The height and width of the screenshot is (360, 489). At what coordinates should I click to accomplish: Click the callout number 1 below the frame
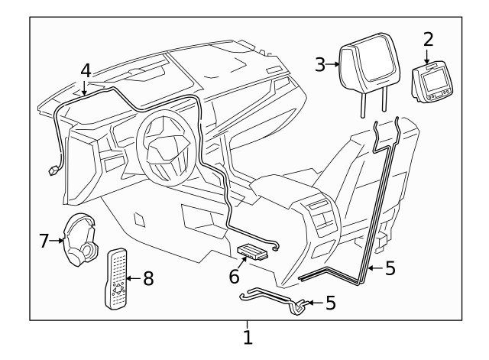(x=247, y=336)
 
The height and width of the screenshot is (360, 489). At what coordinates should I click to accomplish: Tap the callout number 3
(x=320, y=64)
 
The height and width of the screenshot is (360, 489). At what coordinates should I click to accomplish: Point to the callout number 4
(x=86, y=70)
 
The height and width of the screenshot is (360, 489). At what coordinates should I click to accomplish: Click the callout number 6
(x=235, y=275)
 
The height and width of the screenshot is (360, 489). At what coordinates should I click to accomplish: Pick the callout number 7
(x=44, y=241)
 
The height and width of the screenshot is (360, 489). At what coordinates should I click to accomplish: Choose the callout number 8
(x=147, y=279)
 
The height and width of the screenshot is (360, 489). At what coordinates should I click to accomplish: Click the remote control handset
(x=116, y=278)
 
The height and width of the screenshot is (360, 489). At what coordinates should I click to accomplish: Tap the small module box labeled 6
(x=253, y=250)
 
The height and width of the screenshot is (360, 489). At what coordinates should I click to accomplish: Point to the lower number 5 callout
(x=330, y=303)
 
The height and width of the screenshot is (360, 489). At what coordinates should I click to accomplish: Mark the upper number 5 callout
(x=390, y=269)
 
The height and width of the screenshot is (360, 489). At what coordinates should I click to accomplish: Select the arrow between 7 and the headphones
(x=57, y=241)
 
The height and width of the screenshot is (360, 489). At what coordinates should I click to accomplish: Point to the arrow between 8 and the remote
(x=133, y=279)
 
